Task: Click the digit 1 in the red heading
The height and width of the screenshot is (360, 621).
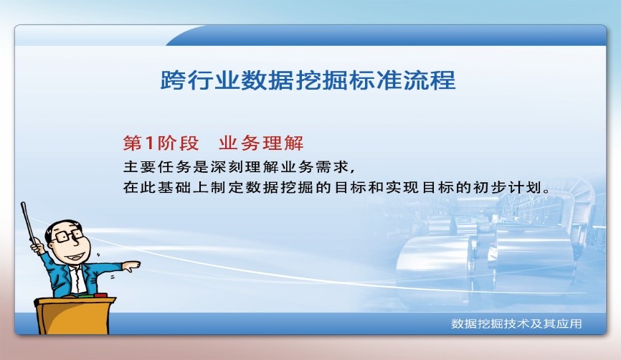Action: point(149,143)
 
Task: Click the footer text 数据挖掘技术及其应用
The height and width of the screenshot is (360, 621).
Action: point(516,324)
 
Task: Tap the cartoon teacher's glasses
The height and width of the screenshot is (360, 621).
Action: point(67,236)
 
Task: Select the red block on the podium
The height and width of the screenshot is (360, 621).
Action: point(101,295)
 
